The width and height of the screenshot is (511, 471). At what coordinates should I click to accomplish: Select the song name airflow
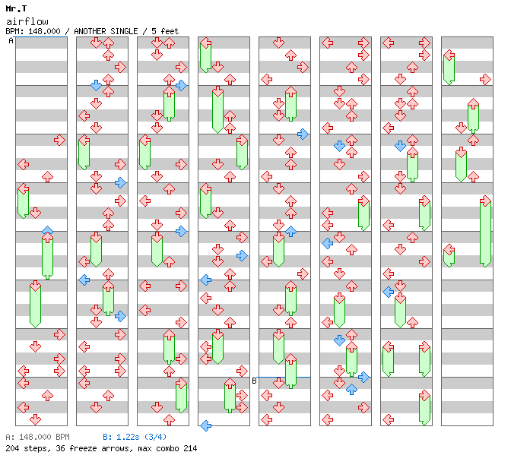[x=23, y=21]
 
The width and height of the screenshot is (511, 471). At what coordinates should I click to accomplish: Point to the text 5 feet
[x=160, y=31]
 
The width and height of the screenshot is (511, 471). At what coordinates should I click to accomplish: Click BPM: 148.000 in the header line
[x=36, y=31]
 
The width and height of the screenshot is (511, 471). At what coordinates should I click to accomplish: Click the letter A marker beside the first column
[x=11, y=41]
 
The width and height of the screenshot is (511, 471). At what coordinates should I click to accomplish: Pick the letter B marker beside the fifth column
[x=254, y=381]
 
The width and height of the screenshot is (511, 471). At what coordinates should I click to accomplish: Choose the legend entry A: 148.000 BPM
[x=37, y=438]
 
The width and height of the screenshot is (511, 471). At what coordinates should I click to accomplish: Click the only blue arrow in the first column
[x=47, y=231]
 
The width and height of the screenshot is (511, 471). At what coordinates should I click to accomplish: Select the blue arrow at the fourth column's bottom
[x=205, y=425]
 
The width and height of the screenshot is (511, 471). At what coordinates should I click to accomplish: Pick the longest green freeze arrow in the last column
[x=485, y=232]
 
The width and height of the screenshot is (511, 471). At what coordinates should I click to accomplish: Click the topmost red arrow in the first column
[x=59, y=140]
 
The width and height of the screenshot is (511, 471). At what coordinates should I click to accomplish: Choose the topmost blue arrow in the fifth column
[x=303, y=134]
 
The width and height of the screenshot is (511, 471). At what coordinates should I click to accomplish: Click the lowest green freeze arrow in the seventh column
[x=424, y=407]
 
